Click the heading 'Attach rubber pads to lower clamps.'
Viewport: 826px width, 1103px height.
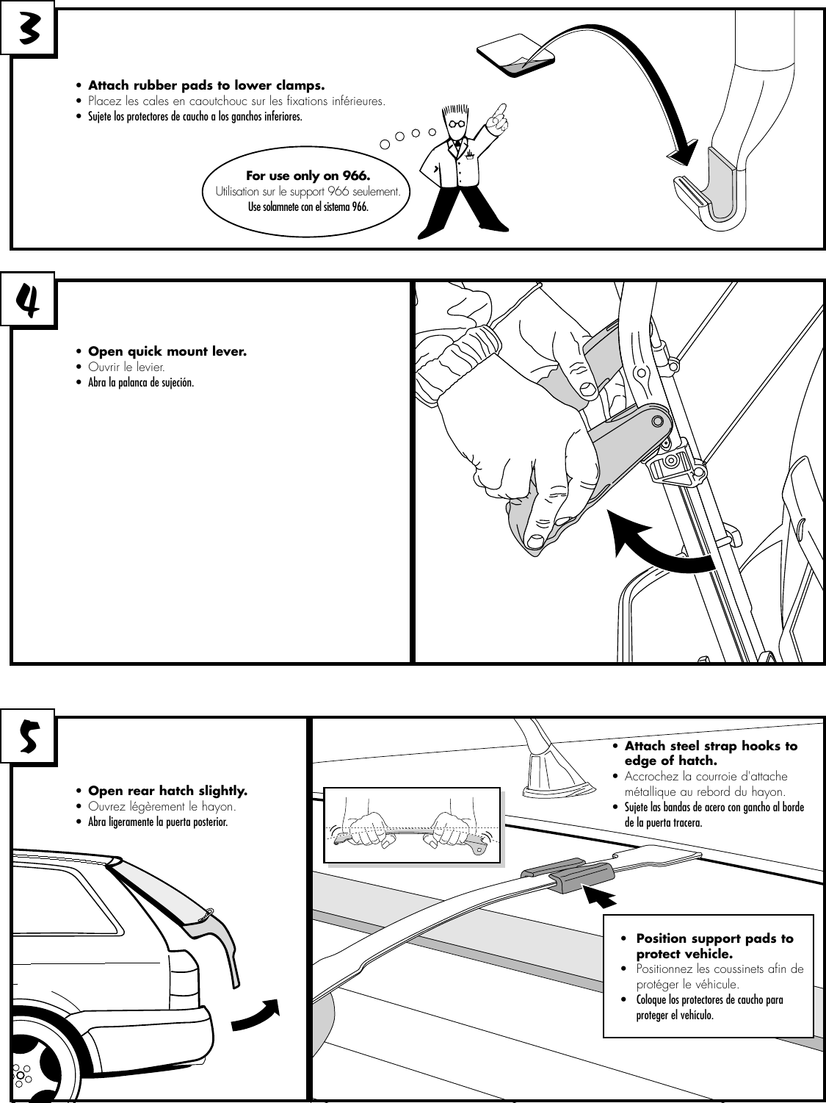206,85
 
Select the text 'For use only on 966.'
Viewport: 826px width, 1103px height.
308,176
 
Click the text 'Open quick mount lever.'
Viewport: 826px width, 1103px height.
167,351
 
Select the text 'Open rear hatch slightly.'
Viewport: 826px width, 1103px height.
167,791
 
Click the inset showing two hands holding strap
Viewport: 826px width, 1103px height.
412,825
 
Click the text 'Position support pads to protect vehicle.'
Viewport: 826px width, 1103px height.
714,946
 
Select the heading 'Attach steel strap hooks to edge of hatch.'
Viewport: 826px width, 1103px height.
710,753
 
